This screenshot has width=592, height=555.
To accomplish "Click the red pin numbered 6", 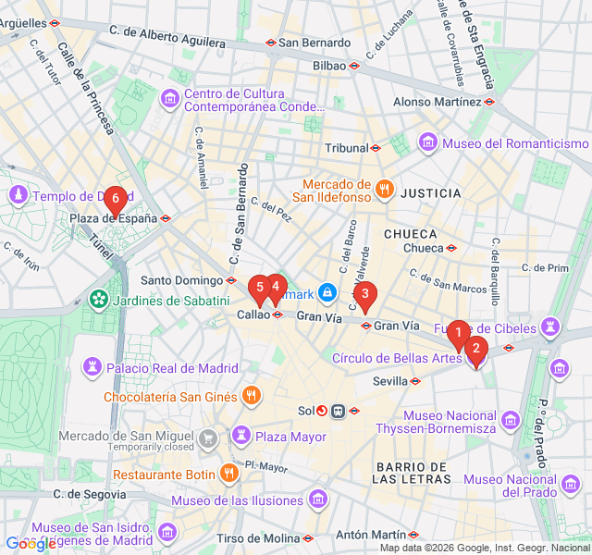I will [x=115, y=198].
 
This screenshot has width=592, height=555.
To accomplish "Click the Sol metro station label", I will [x=306, y=411].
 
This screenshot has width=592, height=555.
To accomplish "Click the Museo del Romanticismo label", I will [x=514, y=142].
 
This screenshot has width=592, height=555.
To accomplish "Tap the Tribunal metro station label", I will [x=346, y=148].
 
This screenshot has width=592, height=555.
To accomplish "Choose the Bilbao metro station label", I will [x=329, y=66].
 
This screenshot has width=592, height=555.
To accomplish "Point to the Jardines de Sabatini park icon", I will [x=98, y=300].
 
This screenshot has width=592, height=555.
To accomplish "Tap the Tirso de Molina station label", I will [x=258, y=537].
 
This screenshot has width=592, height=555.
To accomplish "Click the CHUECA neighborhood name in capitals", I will [x=410, y=233].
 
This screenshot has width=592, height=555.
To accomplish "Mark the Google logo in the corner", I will [x=31, y=545].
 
